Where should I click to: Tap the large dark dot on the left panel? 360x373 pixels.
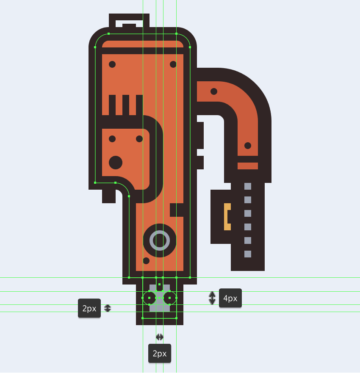[116, 163]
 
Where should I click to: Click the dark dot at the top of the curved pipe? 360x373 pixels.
[214, 91]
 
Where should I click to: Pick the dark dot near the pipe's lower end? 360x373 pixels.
[248, 146]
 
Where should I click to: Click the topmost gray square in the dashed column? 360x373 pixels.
[248, 186]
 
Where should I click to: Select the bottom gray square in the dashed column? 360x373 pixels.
[248, 254]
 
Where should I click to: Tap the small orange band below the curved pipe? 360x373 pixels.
[248, 166]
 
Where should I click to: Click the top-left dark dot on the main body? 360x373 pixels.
[112, 64]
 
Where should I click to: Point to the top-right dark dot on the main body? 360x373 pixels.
[173, 64]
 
